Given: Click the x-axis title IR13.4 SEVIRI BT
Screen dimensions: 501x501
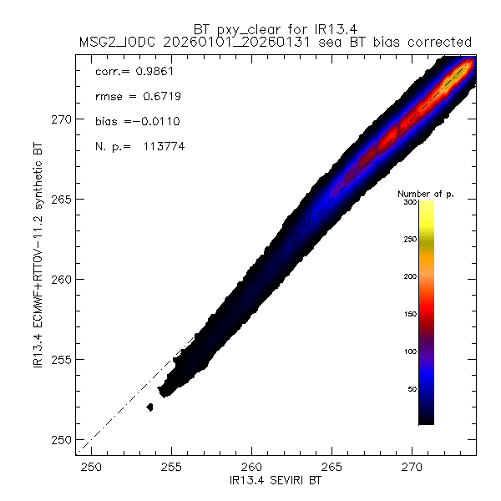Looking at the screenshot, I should click(277, 483).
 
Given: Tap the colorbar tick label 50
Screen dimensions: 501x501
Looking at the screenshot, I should click(412, 388).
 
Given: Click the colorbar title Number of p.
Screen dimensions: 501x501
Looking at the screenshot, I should click(425, 193).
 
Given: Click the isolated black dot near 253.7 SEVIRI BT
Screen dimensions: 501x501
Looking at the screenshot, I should click(149, 407).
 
